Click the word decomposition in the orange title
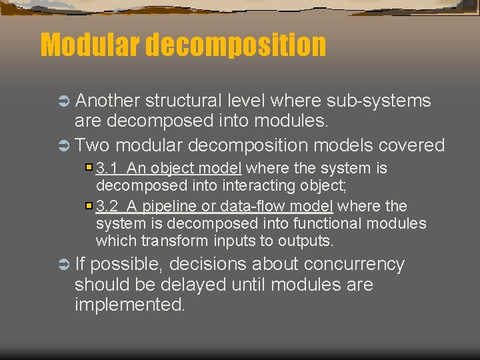point(235,45)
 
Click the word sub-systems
point(379,101)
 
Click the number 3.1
point(107,168)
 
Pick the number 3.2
point(107,207)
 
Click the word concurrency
point(354,264)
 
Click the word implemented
point(129,305)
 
